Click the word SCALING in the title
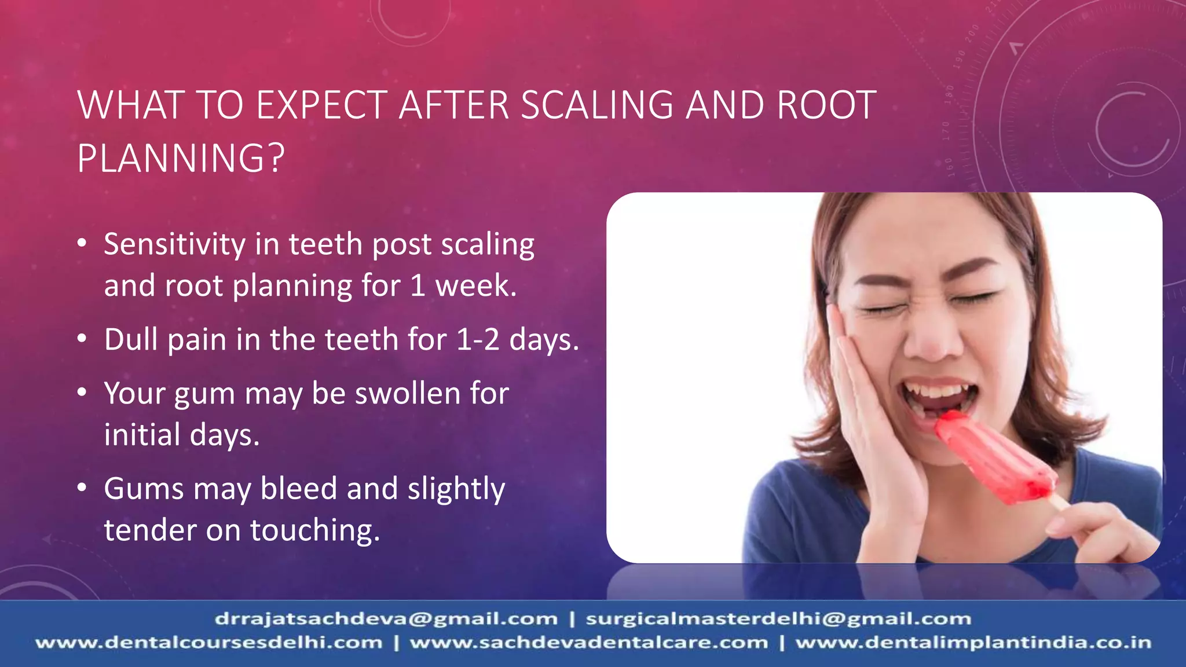point(596,105)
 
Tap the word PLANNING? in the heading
point(181,158)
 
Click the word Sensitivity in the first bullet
point(174,244)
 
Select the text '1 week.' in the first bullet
point(463,286)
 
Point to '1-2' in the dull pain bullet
point(478,339)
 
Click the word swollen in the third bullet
point(408,394)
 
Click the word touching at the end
point(314,530)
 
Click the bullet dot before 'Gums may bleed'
point(82,488)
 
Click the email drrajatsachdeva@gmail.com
point(386,619)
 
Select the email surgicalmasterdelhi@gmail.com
point(778,619)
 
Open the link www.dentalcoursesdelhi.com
point(209,643)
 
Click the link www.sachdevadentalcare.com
point(588,643)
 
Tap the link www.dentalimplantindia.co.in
point(973,643)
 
